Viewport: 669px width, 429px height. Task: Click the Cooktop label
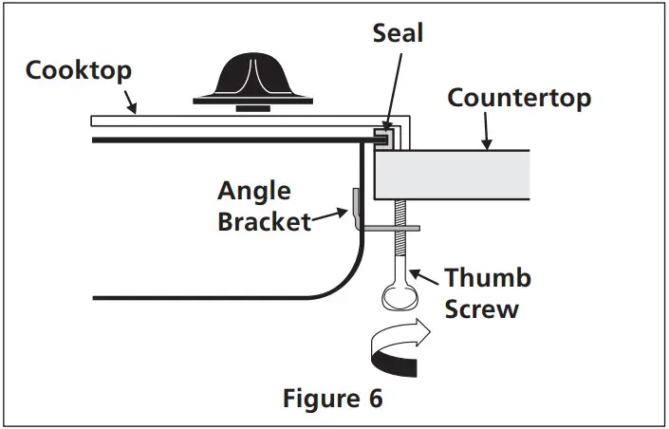80,70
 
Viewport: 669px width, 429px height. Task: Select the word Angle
253,190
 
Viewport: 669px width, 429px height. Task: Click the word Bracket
265,222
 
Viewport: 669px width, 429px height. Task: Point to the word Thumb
488,278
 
